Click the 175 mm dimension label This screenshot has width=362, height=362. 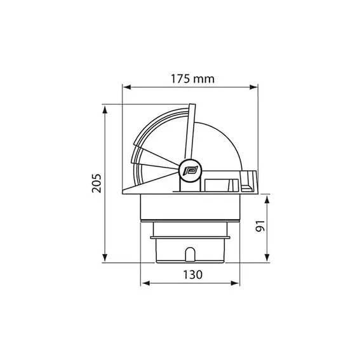pos(192,79)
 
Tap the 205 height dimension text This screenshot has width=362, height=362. pos(97,184)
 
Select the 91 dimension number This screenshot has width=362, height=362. pos(260,226)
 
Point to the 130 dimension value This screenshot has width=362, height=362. pos(192,275)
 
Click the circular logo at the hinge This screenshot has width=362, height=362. pos(191,170)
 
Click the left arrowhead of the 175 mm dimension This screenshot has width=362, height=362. pos(127,87)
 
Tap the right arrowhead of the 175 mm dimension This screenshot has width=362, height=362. pos(253,87)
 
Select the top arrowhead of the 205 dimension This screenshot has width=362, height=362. pos(105,110)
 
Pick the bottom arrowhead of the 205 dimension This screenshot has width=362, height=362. pos(105,257)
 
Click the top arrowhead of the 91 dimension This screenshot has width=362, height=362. pos(267,199)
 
